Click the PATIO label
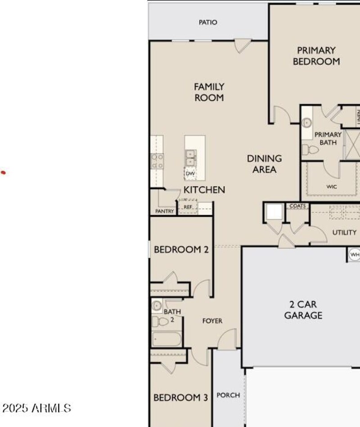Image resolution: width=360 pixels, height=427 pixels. (x=208, y=22)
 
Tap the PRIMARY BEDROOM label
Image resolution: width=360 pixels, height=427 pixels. (x=316, y=56)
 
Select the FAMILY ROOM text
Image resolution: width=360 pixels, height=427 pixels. (x=209, y=92)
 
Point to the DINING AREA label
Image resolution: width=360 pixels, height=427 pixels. (x=265, y=164)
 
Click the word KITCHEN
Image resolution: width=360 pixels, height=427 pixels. (x=204, y=190)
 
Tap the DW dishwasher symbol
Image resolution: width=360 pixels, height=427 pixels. (x=190, y=173)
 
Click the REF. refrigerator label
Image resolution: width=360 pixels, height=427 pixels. (x=188, y=207)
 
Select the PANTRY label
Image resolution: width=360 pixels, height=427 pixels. (x=165, y=211)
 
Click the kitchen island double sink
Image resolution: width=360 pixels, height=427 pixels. (x=190, y=157)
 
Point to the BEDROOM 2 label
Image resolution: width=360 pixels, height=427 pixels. (x=181, y=249)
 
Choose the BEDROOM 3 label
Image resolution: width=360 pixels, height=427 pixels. (x=180, y=398)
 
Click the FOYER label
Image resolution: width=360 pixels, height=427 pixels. (x=212, y=321)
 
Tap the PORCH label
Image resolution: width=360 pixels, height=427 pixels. (x=228, y=395)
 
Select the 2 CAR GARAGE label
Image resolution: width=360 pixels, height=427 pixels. (x=303, y=310)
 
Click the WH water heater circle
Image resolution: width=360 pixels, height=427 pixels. (x=355, y=255)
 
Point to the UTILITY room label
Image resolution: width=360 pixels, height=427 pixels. (x=344, y=233)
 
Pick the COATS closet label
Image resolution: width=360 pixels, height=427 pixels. (x=297, y=206)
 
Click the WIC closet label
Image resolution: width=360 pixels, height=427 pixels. (x=332, y=186)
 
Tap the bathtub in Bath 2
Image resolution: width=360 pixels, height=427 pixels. (x=166, y=339)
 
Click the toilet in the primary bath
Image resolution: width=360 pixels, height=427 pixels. (x=310, y=149)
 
